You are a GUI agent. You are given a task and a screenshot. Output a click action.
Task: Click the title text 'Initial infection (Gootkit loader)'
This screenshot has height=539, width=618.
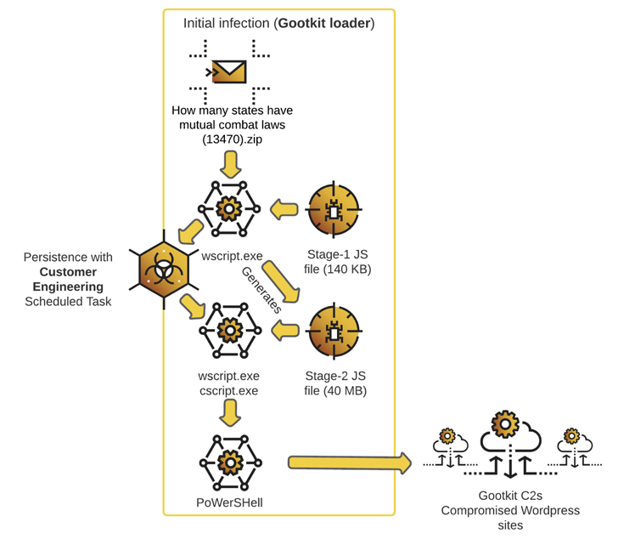point(278,22)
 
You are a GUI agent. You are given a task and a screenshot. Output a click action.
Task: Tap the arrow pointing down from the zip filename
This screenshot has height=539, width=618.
point(228,166)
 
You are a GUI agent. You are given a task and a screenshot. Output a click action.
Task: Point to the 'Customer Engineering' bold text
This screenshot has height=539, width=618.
point(67,279)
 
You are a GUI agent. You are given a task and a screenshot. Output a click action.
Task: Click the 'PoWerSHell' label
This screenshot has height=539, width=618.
point(228,502)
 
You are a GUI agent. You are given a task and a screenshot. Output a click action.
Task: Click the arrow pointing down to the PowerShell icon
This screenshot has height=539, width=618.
point(228,413)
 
